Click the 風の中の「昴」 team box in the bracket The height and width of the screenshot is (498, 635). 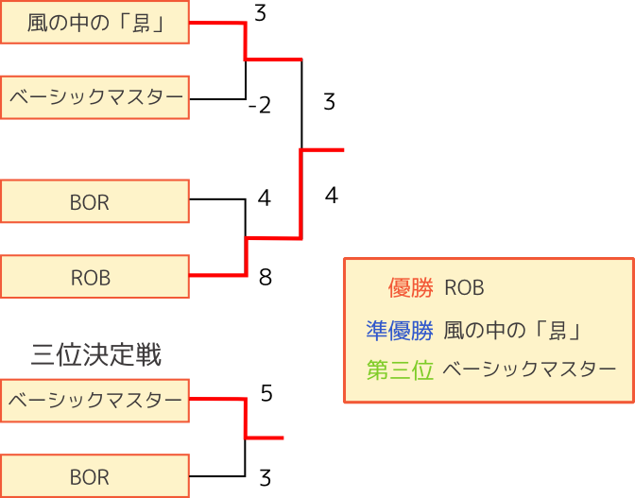[94, 23]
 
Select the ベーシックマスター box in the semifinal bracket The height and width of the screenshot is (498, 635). [94, 98]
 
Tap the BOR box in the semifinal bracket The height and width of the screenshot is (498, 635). [94, 202]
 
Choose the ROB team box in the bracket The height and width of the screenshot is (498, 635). [94, 278]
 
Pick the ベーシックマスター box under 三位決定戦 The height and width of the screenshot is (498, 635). [94, 401]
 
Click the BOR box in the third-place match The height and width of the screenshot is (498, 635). [94, 476]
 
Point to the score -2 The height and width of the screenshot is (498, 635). [259, 105]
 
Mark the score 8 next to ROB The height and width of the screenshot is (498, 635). [266, 278]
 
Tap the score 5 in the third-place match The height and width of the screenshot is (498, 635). [266, 393]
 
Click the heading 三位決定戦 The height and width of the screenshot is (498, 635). [95, 355]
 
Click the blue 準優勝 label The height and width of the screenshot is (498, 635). [400, 330]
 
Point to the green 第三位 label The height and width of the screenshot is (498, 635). [400, 370]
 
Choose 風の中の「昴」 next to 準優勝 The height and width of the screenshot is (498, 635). [511, 330]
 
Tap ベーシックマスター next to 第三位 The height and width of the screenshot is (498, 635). [528, 370]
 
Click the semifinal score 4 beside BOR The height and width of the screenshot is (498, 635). [265, 198]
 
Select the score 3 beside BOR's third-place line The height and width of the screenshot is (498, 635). [266, 476]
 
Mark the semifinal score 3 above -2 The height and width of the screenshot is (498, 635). [261, 14]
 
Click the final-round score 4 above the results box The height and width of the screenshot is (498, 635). [331, 196]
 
